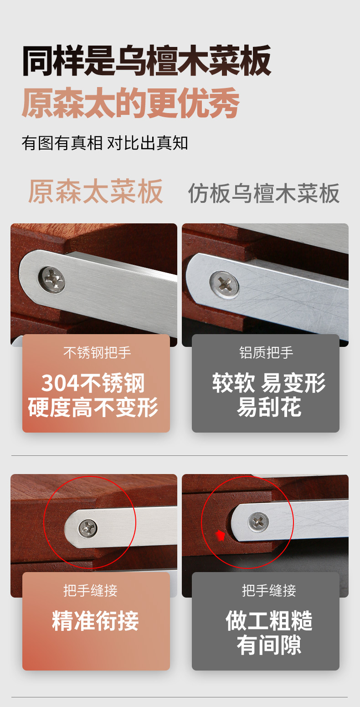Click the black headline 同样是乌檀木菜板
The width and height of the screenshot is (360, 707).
click(x=147, y=61)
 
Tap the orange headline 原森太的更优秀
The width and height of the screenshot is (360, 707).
click(x=130, y=103)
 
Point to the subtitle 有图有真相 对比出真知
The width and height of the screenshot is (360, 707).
click(x=105, y=143)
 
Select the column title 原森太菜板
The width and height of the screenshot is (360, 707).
click(x=96, y=191)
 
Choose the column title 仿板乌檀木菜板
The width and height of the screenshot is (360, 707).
click(x=264, y=193)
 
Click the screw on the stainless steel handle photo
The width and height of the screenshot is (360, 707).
click(x=52, y=279)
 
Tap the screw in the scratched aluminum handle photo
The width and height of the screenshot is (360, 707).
click(x=224, y=284)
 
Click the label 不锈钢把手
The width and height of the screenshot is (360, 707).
click(x=97, y=352)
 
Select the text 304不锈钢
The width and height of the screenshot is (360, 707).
click(x=93, y=383)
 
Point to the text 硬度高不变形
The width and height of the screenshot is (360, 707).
click(x=93, y=408)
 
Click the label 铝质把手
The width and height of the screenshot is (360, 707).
click(x=266, y=352)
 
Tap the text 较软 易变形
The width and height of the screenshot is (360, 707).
click(x=269, y=383)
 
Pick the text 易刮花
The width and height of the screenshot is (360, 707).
click(x=269, y=407)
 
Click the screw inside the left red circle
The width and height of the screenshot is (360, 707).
click(x=87, y=528)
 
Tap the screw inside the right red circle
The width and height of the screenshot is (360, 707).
click(x=258, y=522)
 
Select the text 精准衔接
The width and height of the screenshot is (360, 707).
click(x=95, y=621)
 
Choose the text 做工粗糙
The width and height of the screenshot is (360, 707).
click(x=269, y=620)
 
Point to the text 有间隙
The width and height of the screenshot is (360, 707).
click(x=269, y=645)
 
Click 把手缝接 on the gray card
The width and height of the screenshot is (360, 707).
click(x=269, y=591)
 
